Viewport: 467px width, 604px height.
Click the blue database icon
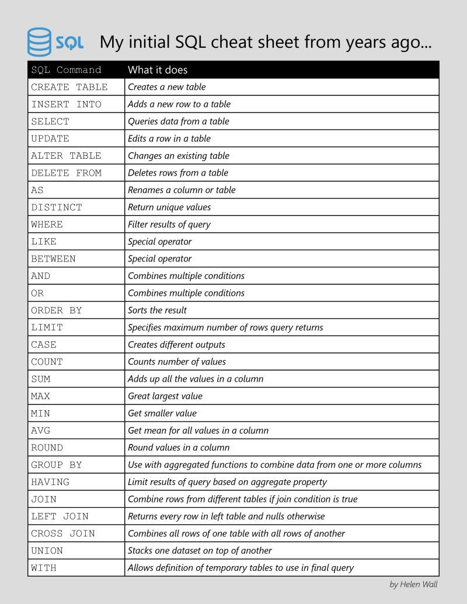(39, 42)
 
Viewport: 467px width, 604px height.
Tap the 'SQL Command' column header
(66, 70)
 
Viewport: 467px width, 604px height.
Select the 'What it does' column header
(158, 70)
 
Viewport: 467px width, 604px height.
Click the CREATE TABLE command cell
(69, 87)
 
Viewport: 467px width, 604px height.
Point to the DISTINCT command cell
(57, 207)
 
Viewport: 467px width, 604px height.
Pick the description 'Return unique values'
(169, 207)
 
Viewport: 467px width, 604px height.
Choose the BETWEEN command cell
(53, 259)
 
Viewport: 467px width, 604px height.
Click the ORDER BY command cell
(57, 310)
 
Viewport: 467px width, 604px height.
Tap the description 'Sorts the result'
(157, 310)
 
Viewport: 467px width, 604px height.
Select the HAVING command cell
(50, 482)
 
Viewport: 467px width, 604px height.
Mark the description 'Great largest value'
(165, 396)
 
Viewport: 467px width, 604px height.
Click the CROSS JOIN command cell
(63, 533)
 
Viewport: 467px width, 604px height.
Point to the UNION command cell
(47, 550)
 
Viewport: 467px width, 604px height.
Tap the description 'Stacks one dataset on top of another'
(200, 550)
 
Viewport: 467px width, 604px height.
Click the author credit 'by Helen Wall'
(413, 584)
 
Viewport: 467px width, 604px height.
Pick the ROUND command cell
(47, 448)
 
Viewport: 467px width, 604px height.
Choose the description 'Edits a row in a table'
(169, 138)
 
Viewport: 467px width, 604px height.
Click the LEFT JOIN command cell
(60, 516)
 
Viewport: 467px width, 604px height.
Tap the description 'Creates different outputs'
(176, 344)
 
